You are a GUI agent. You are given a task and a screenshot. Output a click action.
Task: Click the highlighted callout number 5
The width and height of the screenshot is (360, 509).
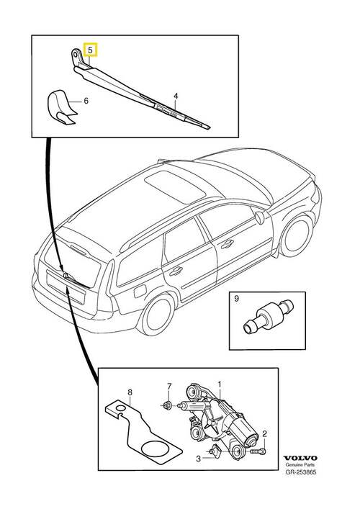[x=90, y=50]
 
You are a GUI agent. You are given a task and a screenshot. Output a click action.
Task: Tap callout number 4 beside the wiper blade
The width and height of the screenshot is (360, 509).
[x=176, y=96]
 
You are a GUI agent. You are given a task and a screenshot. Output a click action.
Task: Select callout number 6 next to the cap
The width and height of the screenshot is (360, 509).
[x=86, y=101]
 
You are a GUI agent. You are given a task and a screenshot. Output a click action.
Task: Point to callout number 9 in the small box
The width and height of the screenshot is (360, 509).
[x=236, y=298]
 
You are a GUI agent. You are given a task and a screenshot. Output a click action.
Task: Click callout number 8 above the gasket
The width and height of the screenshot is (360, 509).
[x=130, y=393]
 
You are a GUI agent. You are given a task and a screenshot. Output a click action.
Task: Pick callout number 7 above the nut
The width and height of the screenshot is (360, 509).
[x=168, y=387]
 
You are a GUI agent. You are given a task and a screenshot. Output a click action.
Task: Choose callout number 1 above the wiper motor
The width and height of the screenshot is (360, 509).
[x=220, y=384]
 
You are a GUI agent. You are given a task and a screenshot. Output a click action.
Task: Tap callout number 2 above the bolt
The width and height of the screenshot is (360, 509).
[x=264, y=433]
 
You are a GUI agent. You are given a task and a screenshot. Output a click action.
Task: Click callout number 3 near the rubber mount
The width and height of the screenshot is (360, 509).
[x=198, y=459]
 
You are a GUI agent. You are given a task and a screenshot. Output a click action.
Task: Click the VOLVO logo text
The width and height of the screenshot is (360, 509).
[x=300, y=458]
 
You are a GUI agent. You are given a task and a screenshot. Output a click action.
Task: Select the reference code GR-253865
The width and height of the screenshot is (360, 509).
[x=301, y=472]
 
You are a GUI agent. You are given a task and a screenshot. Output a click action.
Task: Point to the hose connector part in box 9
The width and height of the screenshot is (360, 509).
[x=268, y=316]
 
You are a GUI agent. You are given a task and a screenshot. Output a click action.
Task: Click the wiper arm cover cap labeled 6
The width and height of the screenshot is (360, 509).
[x=63, y=107]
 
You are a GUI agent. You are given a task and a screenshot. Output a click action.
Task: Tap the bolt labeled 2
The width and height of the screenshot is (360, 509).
[x=258, y=451]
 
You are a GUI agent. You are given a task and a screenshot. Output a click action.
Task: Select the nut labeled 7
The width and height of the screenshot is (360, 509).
[x=167, y=405]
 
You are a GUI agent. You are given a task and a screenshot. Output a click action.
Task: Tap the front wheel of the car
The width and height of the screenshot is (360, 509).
[x=296, y=235]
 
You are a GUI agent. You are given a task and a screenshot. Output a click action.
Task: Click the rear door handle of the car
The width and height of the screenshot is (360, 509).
[x=176, y=271]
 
